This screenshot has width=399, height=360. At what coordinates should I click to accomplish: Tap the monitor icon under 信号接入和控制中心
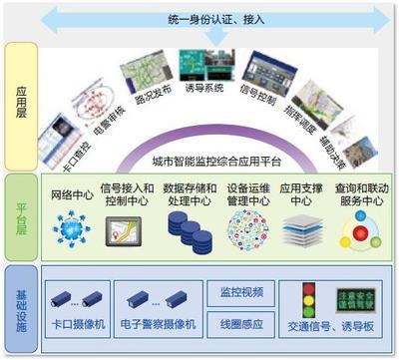coord(124,231)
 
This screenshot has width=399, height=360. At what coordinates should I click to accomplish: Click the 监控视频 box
coord(239,292)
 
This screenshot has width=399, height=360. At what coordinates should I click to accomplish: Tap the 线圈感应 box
coord(239,321)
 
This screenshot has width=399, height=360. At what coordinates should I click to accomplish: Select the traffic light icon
coord(309,298)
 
